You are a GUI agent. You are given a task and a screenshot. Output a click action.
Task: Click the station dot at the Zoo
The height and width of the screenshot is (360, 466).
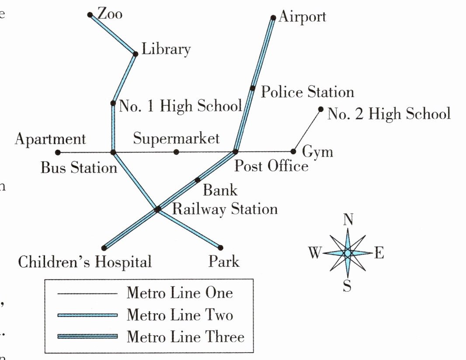90,14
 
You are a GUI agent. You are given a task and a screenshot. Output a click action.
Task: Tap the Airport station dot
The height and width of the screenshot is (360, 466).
273,18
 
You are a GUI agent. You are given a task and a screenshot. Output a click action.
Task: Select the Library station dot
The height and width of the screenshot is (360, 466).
135,54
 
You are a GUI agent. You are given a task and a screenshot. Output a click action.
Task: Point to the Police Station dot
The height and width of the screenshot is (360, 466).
253,88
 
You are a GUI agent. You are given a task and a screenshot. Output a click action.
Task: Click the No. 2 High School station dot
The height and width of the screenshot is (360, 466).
320,109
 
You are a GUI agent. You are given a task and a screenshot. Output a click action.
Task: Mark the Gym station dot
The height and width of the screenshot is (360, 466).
293,151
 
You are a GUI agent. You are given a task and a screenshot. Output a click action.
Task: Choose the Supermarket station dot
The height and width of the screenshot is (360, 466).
176,152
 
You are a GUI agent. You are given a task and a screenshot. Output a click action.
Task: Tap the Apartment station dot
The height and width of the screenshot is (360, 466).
58,153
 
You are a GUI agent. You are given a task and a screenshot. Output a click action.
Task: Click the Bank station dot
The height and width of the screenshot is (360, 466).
198,180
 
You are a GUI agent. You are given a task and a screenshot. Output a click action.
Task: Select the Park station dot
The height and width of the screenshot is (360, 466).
220,247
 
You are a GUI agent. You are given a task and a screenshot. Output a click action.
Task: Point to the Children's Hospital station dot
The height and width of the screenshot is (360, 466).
104,248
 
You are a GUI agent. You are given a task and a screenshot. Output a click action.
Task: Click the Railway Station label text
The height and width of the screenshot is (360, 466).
225,209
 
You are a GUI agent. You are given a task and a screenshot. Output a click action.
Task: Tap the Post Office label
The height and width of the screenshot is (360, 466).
271,166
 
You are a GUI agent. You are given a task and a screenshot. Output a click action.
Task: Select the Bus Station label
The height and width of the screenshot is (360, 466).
79,168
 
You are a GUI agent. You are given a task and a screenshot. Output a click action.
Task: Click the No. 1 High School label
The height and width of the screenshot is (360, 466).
181,106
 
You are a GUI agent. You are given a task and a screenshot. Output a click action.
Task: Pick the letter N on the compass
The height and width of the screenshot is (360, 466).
348,220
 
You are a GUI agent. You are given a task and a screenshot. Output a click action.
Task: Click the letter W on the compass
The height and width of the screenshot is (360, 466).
315,252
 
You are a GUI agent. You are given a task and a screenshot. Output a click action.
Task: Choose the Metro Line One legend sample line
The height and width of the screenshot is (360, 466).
87,294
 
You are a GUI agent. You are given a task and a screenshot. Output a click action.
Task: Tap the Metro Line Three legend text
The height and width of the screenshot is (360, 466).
185,336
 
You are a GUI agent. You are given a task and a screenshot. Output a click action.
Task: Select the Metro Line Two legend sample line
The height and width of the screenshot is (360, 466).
87,315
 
